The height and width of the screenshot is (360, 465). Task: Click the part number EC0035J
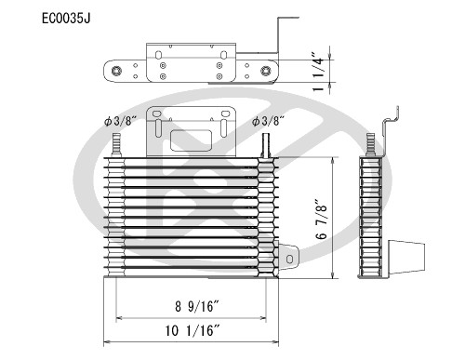point(66,19)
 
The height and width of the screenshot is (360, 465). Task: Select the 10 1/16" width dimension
point(193,330)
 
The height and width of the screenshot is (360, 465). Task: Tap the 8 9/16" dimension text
point(197,306)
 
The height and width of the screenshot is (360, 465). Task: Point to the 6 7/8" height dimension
point(322,219)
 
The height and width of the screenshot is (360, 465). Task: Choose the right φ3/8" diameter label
point(268,121)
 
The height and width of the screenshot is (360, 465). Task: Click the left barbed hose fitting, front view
point(116,145)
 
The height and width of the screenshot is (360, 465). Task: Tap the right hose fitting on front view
point(266,146)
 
